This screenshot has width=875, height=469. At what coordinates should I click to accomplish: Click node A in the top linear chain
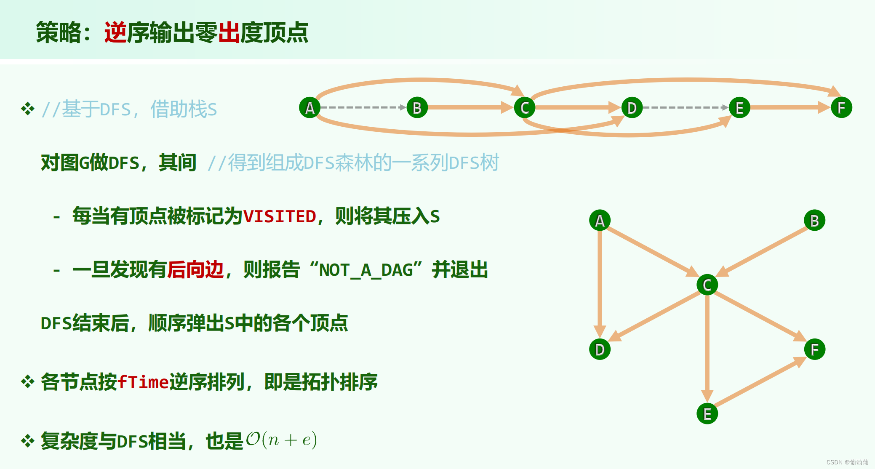tap(309, 108)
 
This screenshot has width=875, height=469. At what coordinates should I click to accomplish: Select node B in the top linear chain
tap(417, 108)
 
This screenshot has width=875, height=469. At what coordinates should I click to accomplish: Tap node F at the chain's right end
tap(841, 108)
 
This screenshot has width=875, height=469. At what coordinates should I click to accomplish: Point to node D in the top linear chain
tap(632, 108)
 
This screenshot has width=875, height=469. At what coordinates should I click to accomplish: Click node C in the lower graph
tap(707, 285)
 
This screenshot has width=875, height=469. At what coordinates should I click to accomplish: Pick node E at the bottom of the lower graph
tap(707, 414)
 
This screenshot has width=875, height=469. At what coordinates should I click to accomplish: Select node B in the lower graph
tap(814, 221)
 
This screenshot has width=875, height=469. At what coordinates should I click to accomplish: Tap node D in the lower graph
tap(600, 349)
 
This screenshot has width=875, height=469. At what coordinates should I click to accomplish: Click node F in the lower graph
tap(814, 349)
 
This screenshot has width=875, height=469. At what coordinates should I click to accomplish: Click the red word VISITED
tap(280, 216)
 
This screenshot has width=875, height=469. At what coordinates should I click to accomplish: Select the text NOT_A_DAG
tap(366, 270)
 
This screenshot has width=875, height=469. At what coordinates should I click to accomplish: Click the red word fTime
tap(143, 382)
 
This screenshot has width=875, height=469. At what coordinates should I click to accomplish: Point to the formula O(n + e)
tap(281, 440)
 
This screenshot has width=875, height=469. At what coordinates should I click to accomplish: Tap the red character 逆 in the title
tap(115, 32)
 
